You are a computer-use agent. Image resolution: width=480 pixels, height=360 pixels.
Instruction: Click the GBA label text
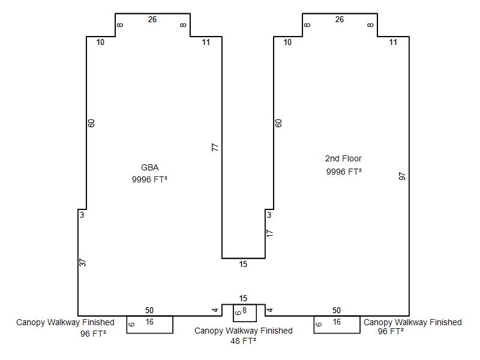(149, 167)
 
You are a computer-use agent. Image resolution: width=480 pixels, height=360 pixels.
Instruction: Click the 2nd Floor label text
(343, 158)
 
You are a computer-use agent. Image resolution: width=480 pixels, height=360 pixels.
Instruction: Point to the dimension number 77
(215, 147)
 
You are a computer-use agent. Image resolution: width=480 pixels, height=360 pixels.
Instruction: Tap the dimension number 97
(402, 176)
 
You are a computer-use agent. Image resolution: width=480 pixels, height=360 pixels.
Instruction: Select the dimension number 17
(269, 233)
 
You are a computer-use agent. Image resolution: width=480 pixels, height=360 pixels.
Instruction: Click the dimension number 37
(82, 263)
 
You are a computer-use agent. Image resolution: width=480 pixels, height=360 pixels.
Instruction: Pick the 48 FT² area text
(244, 341)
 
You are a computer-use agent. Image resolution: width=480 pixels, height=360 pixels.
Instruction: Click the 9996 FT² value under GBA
(149, 179)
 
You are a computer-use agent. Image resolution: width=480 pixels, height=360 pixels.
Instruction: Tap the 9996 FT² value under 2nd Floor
(344, 172)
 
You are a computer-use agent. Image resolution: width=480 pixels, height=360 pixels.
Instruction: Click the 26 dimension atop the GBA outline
(152, 20)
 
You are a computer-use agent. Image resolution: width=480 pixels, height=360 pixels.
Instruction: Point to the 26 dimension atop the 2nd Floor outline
(340, 20)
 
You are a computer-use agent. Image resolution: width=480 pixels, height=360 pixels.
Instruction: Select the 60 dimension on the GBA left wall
(91, 123)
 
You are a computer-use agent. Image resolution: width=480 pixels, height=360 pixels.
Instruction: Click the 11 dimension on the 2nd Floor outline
(393, 42)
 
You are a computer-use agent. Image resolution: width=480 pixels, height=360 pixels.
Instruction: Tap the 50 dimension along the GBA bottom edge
(149, 310)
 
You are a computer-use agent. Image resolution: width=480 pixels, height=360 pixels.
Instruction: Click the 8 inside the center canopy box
(244, 310)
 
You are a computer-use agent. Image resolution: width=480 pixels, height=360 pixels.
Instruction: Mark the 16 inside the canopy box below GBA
(149, 322)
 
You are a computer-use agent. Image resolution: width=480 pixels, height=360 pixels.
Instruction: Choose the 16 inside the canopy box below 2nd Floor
(337, 322)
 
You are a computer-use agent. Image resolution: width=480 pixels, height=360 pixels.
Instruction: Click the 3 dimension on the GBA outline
(82, 215)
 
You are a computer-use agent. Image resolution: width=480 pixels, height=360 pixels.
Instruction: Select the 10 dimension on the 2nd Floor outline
(287, 42)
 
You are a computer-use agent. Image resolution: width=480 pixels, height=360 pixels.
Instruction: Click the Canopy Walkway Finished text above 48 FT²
(244, 331)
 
